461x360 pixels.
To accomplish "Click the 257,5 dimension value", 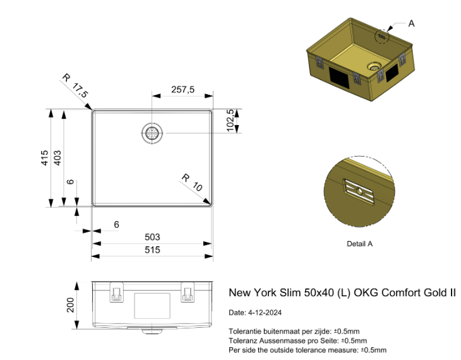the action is click(183, 90).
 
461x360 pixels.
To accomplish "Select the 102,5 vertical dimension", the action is click(230, 121).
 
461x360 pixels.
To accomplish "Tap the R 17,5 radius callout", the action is click(75, 86).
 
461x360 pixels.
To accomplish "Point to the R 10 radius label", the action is click(192, 183).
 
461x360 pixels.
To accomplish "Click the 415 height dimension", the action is click(44, 158).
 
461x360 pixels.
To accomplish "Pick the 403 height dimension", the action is click(57, 158).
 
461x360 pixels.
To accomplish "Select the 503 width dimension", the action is click(152, 237).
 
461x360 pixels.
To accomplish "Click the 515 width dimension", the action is click(152, 249).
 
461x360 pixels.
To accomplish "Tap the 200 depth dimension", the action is click(70, 305).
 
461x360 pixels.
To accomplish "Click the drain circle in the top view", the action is click(152, 133).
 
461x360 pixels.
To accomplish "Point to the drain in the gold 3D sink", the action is click(374, 66).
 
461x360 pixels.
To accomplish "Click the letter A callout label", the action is click(411, 23).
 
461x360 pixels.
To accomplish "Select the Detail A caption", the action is click(359, 244).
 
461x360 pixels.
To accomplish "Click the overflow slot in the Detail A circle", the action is click(359, 191).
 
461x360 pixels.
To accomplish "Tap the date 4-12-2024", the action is click(265, 313).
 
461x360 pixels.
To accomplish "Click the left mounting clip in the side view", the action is click(117, 292).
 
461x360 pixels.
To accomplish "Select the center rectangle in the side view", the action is click(152, 306).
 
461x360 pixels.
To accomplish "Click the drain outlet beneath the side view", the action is click(152, 331).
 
